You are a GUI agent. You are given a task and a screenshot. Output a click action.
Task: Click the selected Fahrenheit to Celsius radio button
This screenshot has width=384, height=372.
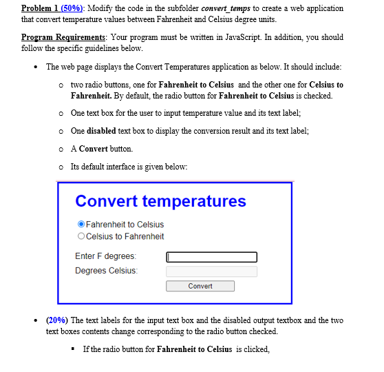point(81,224)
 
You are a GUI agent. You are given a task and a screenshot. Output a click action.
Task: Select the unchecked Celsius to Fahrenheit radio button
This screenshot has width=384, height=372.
point(81,236)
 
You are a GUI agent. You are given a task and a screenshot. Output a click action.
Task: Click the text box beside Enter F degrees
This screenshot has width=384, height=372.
point(211,257)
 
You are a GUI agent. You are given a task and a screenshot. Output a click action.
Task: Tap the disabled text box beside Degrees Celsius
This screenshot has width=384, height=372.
point(211,271)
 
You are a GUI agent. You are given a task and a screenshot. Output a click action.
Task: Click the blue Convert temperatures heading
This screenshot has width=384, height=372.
point(160,201)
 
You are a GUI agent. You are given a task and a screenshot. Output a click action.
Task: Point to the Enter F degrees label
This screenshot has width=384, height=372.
point(105,256)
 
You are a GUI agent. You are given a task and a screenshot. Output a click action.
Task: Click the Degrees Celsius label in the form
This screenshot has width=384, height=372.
point(106,270)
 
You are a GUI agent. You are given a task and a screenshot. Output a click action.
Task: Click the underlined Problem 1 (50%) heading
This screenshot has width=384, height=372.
point(53,8)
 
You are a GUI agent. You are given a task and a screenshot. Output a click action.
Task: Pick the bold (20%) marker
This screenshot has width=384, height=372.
point(57,320)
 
